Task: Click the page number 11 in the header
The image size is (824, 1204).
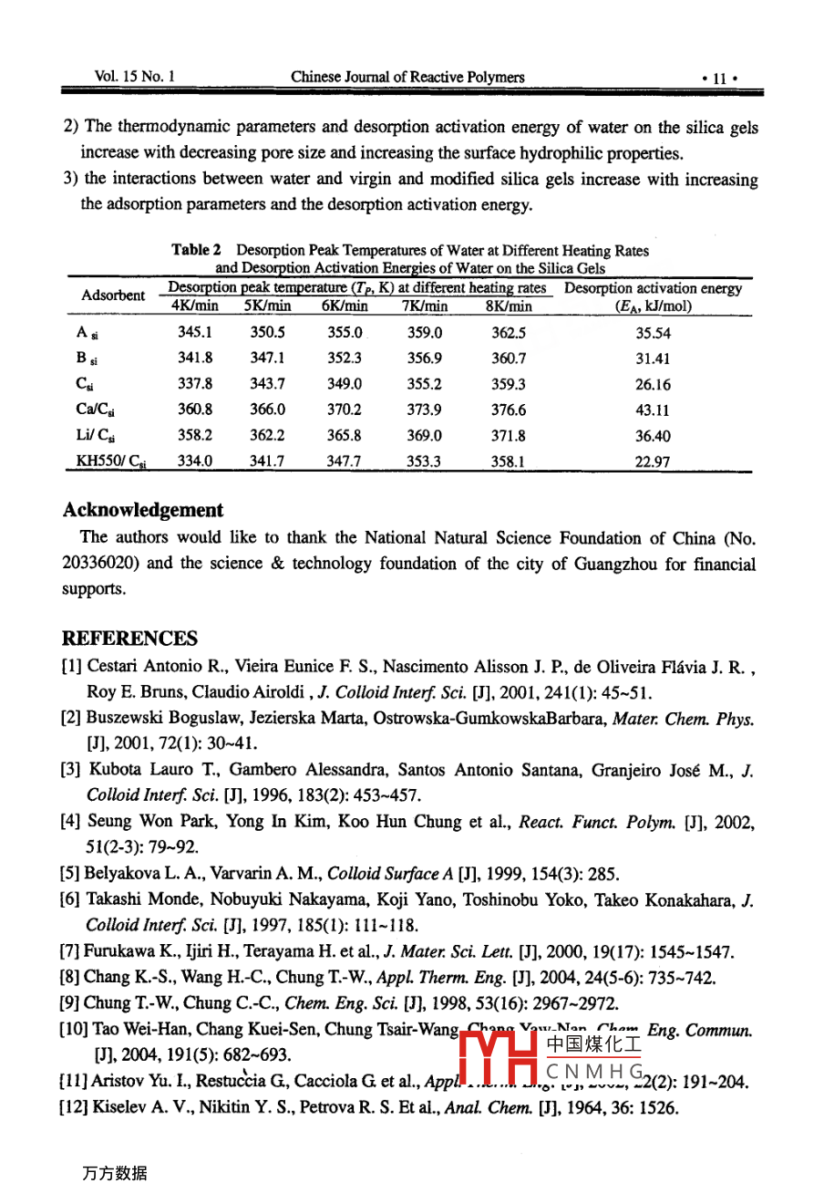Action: [719, 78]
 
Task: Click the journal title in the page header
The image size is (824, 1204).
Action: [407, 78]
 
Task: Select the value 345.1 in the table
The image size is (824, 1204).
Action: [195, 333]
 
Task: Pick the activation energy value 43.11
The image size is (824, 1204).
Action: [653, 410]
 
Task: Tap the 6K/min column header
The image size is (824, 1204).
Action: [345, 306]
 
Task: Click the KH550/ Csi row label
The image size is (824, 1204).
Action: [110, 462]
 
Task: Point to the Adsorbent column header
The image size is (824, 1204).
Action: [113, 296]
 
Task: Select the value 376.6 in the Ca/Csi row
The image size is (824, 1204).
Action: [508, 410]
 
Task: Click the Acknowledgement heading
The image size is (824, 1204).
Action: [142, 510]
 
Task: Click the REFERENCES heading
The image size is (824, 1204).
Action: [129, 638]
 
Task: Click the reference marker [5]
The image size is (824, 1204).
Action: [71, 873]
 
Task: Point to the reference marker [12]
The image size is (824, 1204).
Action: [75, 1108]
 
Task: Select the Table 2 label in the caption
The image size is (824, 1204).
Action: [196, 250]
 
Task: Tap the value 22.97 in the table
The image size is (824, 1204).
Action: [653, 462]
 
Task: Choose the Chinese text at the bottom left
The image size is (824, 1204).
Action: [114, 1174]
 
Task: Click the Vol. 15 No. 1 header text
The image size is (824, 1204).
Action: [135, 78]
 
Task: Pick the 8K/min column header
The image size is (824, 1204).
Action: [509, 306]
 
